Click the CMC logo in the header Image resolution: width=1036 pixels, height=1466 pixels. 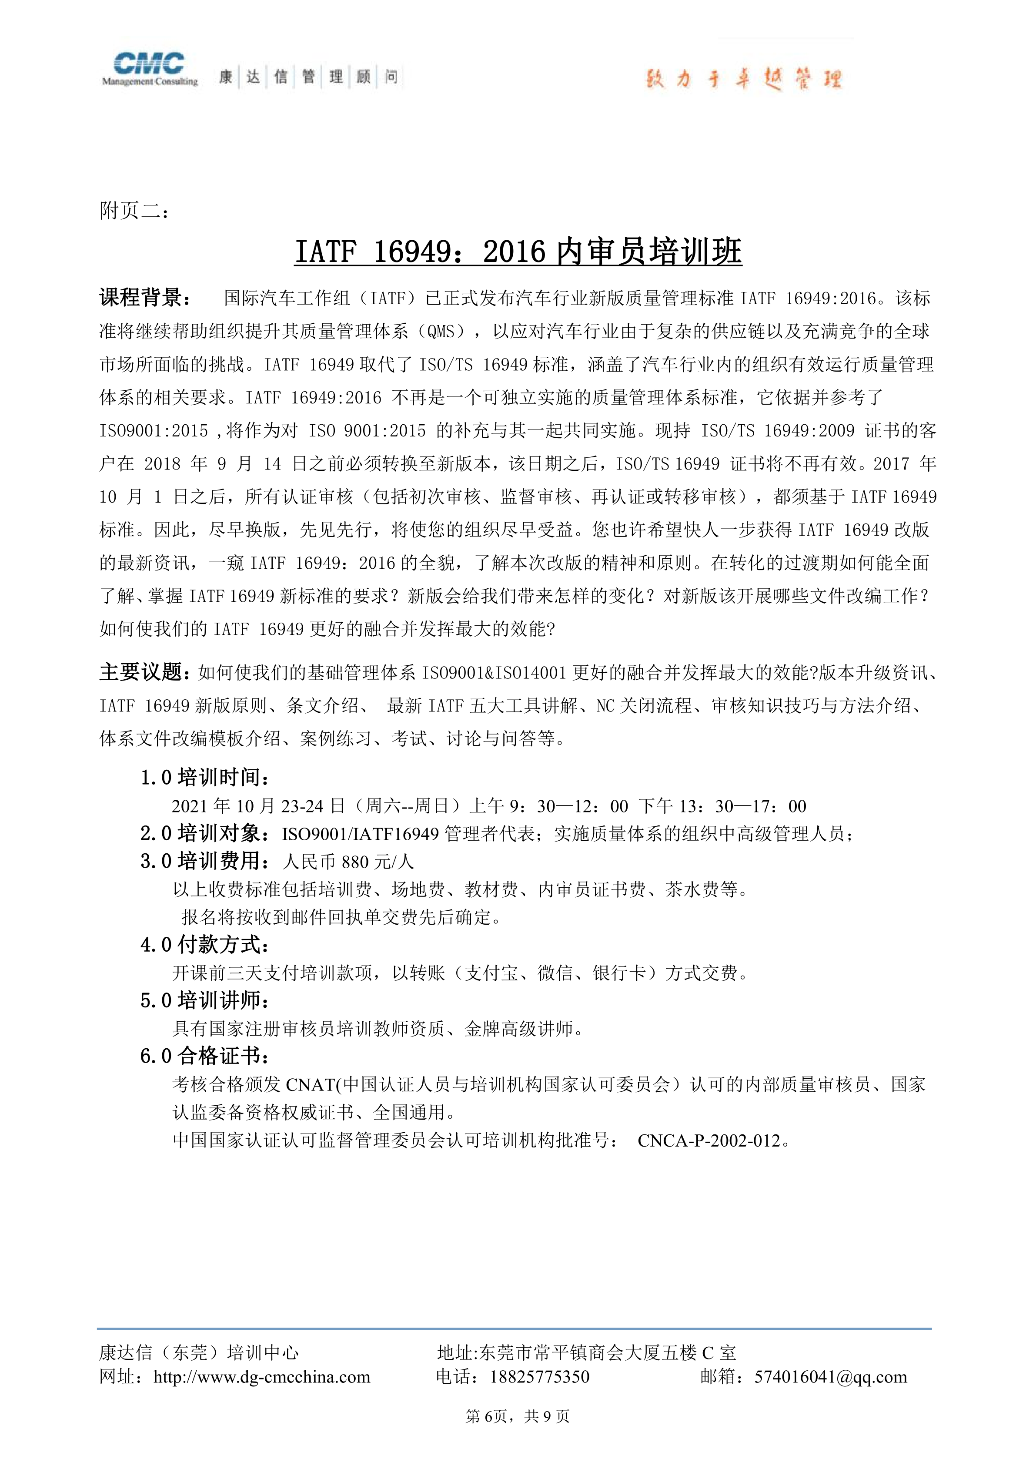149,68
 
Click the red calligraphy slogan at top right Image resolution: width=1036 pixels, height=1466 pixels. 744,80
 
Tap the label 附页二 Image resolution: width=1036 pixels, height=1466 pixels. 134,211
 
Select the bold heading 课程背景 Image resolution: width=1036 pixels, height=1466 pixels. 144,298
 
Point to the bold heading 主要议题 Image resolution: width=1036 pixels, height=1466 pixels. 144,672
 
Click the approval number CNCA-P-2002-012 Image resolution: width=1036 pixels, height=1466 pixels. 708,1141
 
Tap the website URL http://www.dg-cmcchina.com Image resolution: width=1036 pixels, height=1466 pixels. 262,1377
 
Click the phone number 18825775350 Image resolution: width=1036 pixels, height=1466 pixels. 539,1377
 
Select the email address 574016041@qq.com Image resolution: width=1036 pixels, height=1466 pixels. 830,1377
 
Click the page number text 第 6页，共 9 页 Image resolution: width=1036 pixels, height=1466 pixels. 518,1417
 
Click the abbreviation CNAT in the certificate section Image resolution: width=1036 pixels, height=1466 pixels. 310,1085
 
